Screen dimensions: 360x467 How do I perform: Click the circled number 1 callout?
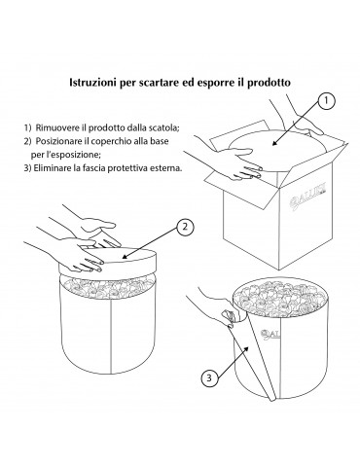(326, 101)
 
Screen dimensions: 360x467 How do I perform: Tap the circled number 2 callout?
(185, 227)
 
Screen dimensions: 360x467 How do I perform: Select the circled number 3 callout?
(209, 377)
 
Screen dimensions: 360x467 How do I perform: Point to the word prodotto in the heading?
(269, 83)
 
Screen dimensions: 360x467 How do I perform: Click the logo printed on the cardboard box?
(308, 198)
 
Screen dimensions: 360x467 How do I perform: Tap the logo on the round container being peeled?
(270, 335)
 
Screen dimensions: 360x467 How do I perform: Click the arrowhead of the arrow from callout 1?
(274, 143)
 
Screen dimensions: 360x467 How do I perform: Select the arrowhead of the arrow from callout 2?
(125, 257)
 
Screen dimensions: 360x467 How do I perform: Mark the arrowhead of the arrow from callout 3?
(247, 349)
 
